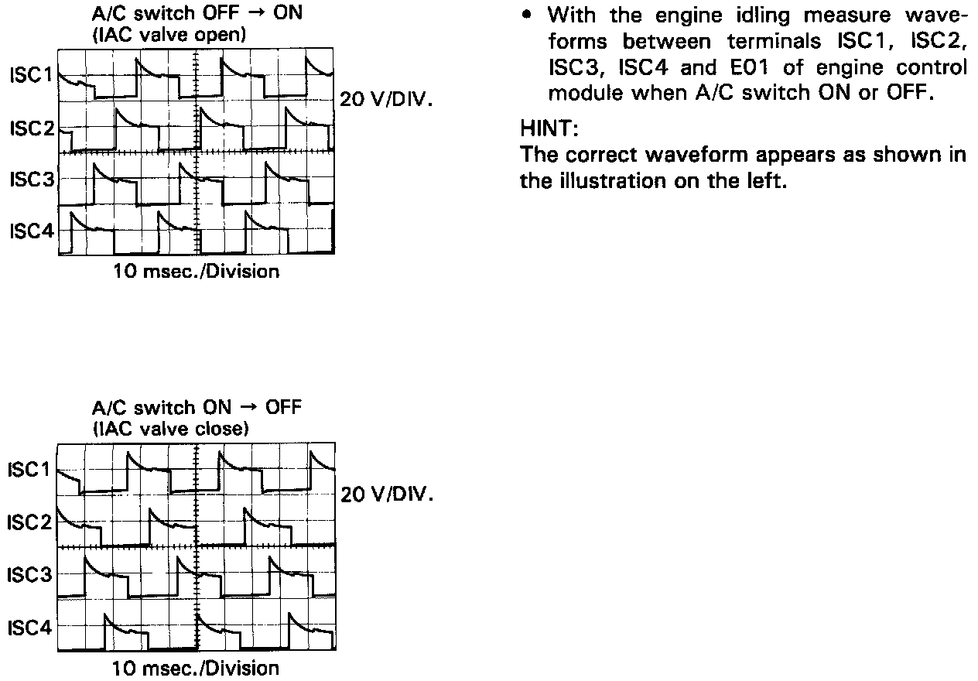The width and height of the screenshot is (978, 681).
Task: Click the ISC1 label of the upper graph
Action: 32,76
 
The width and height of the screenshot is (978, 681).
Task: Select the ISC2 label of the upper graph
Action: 32,128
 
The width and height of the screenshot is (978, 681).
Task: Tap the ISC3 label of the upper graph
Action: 32,180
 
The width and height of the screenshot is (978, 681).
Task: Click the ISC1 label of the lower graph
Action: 32,470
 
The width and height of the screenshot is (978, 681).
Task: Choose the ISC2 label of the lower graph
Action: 32,522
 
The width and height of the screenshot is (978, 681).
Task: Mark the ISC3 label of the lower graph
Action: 32,575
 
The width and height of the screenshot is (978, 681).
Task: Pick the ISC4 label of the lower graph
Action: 32,628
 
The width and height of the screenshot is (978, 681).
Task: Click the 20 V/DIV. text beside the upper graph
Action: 385,101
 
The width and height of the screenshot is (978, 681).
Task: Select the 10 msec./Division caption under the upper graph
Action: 197,272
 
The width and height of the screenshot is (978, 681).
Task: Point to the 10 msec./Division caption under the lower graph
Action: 197,667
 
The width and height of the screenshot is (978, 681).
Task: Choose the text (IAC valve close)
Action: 169,429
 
